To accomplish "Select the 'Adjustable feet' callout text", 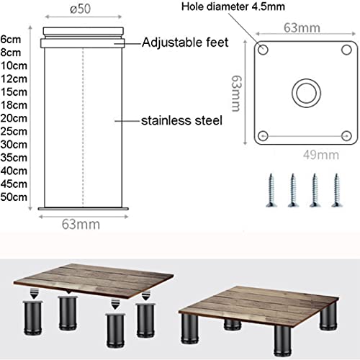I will point(185,43).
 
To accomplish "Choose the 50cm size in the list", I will point(14,197).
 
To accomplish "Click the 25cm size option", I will point(14,131).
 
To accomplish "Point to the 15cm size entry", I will point(14,91).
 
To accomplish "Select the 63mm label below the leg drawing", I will point(80,224).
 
